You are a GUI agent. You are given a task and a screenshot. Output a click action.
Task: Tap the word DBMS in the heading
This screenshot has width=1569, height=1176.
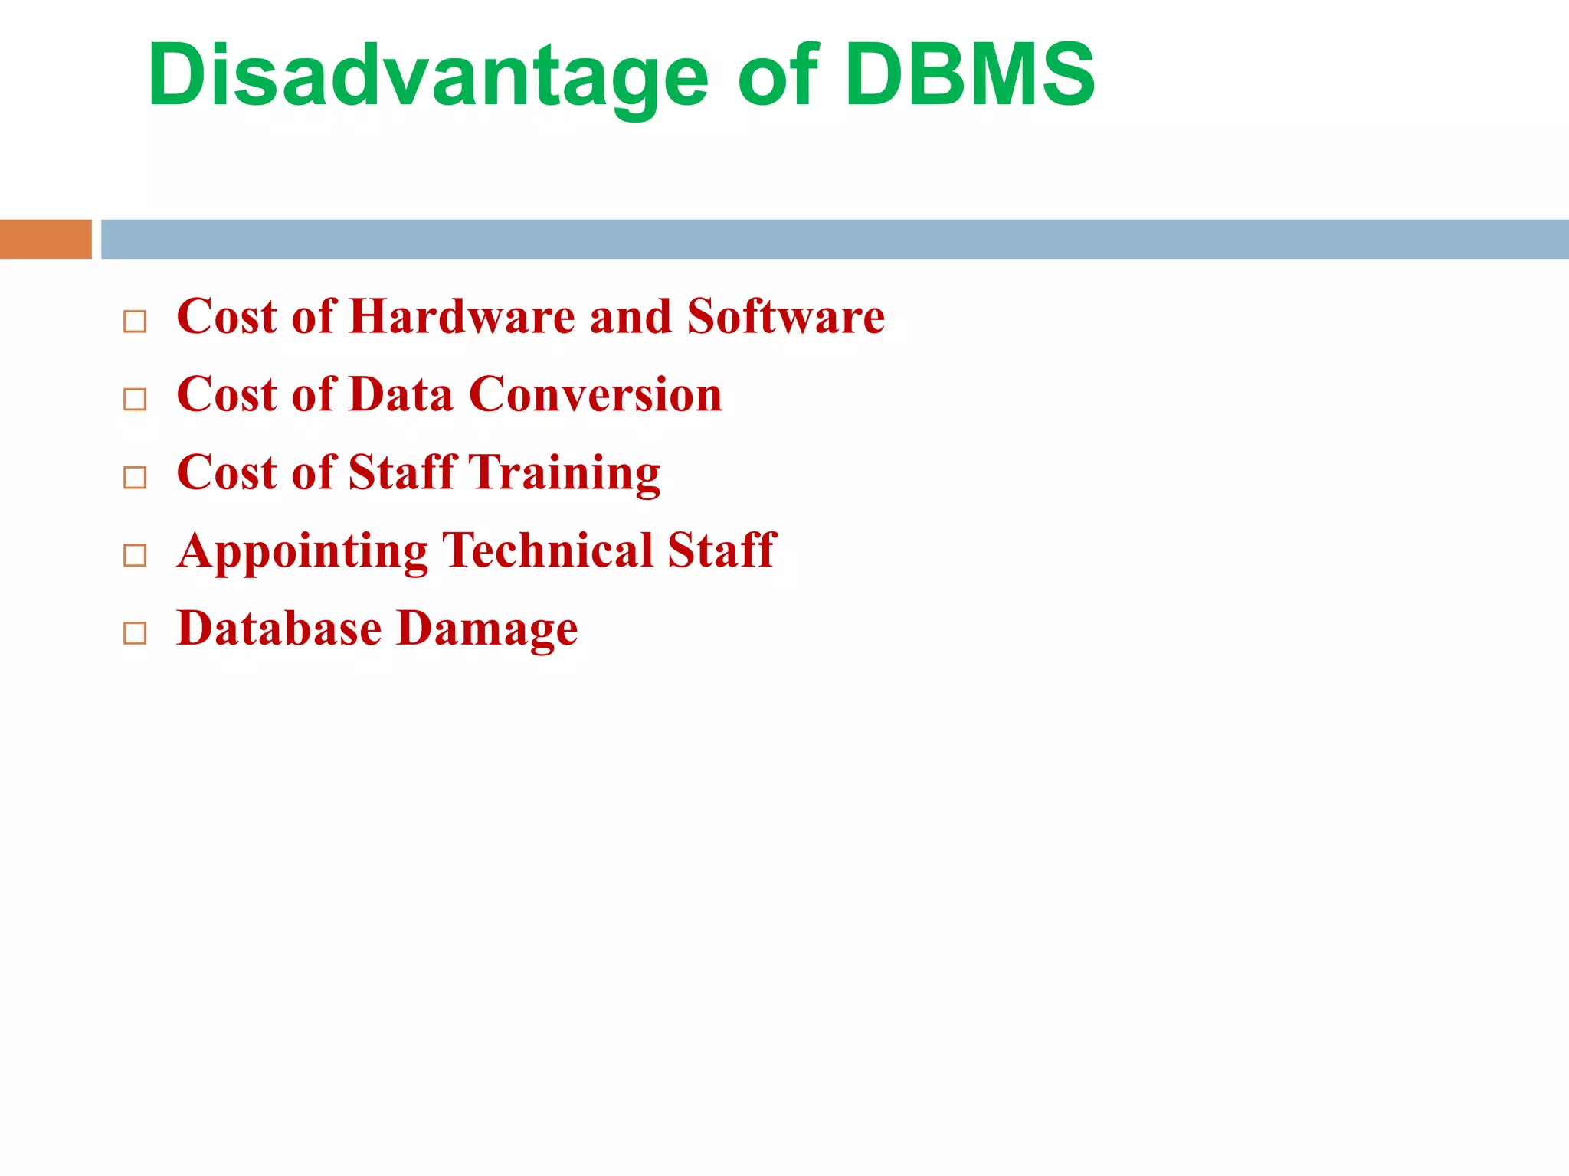(x=970, y=75)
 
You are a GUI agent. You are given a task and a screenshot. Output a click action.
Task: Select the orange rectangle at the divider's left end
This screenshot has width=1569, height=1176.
(x=45, y=239)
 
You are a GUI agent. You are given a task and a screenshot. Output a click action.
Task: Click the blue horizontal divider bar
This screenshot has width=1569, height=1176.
(x=834, y=239)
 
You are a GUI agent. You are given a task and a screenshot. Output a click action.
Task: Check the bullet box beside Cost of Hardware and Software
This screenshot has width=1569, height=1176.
(x=135, y=322)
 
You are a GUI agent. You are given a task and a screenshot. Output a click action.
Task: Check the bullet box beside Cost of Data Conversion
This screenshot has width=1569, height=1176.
(x=135, y=399)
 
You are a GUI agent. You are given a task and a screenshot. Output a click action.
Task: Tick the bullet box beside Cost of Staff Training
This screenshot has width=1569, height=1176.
(x=135, y=477)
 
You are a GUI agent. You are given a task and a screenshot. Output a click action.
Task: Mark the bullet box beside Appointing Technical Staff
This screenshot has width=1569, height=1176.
(x=135, y=555)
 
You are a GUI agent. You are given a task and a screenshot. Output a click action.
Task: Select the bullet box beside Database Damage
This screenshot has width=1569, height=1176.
(x=135, y=632)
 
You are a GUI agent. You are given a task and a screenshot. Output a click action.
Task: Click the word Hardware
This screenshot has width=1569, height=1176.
(x=461, y=316)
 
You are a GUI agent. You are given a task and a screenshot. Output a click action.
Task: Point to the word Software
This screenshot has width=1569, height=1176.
(x=785, y=316)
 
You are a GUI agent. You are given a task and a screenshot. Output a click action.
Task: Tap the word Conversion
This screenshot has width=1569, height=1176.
(x=595, y=395)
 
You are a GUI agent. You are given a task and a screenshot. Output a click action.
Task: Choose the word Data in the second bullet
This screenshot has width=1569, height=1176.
(x=401, y=395)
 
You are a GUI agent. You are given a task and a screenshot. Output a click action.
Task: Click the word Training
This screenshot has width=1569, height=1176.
(x=564, y=473)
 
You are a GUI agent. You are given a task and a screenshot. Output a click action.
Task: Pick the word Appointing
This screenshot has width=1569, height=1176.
(x=303, y=551)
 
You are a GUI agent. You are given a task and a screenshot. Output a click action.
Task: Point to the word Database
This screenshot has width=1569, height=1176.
(x=279, y=629)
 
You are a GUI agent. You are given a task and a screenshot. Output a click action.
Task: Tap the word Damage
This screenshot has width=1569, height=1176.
(x=488, y=629)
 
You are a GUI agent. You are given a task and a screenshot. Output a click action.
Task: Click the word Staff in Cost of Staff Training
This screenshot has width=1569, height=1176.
(x=401, y=472)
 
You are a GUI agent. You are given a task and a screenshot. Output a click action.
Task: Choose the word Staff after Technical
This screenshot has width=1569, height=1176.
(x=722, y=550)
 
